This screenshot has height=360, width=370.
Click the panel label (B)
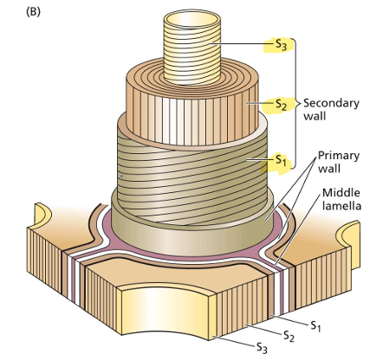[14, 11]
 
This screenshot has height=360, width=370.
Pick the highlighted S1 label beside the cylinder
[276, 160]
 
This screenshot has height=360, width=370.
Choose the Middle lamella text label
[340, 200]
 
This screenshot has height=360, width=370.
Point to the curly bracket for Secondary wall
[293, 103]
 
